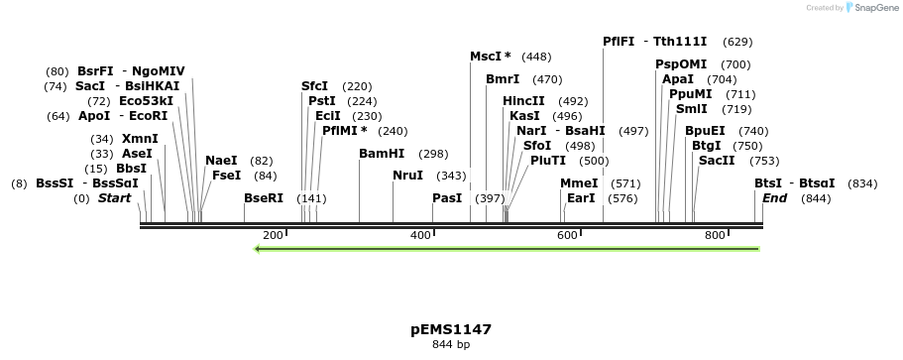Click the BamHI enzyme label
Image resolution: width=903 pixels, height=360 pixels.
coord(382,154)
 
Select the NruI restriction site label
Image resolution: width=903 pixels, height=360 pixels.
coord(407,176)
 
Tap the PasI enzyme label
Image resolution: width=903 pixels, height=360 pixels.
coord(447,198)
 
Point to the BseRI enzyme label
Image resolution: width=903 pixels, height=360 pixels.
coord(264,198)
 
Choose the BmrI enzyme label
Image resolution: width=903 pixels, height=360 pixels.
coord(503,79)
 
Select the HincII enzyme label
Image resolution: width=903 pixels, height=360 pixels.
coord(523,101)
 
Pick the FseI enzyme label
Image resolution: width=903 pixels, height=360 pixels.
coord(226,176)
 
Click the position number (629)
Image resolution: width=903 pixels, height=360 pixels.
coord(737,42)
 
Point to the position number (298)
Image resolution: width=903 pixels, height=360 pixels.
coord(433,154)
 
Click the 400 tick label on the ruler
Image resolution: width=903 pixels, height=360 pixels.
coord(420,235)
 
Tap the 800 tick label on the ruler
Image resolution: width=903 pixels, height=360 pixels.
coord(715,235)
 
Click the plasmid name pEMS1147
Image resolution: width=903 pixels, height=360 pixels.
coord(451,329)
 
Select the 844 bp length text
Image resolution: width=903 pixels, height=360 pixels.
coord(451,345)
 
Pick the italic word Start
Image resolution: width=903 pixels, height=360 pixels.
coord(114,198)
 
